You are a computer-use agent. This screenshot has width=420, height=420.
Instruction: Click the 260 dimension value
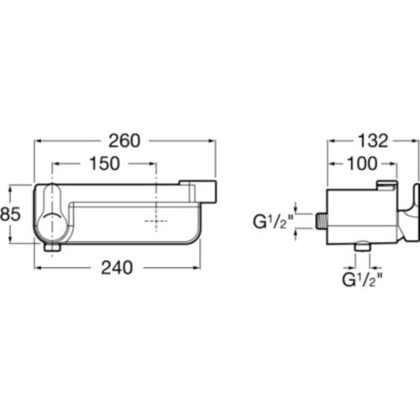124,141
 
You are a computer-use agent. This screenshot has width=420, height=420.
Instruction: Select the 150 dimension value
104,164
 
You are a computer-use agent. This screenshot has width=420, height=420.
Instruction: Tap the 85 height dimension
10,214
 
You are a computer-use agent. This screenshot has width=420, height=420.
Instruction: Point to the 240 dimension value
117,268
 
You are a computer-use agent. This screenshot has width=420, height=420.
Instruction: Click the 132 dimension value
374,141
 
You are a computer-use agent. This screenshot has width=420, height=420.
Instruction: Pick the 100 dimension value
362,164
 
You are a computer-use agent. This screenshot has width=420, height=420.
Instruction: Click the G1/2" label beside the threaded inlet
273,222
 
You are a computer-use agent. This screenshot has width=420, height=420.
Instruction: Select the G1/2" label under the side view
362,280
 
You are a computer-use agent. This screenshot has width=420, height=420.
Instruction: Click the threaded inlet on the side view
322,221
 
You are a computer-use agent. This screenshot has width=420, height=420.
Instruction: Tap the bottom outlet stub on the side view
363,247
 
